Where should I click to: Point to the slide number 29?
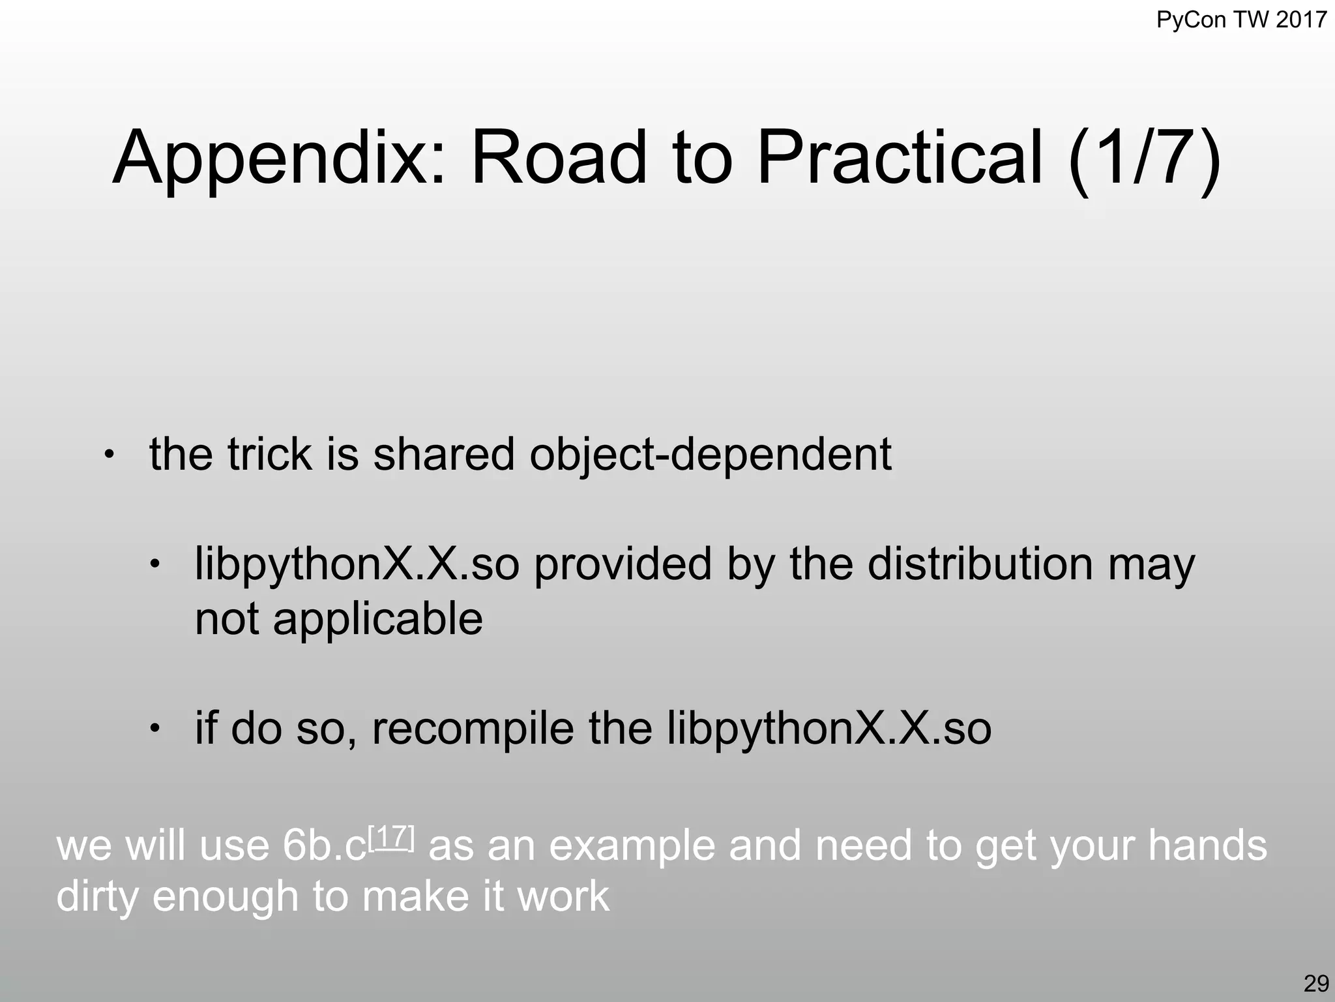(x=1316, y=982)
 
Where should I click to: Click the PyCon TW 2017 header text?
(x=1241, y=20)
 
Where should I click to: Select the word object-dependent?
(x=711, y=455)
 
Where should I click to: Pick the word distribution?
(x=980, y=564)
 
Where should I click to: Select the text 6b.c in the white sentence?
(x=324, y=846)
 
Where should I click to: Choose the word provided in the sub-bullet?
(x=623, y=564)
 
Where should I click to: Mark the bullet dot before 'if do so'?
(x=154, y=727)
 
